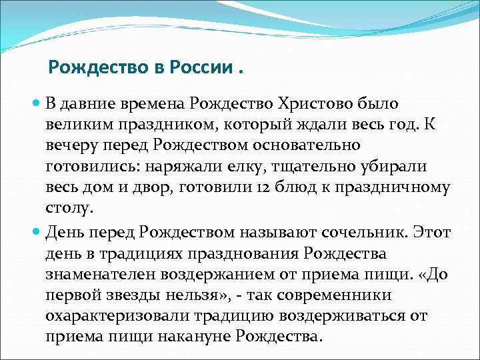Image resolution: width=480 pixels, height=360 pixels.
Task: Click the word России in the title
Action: pyautogui.click(x=199, y=67)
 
